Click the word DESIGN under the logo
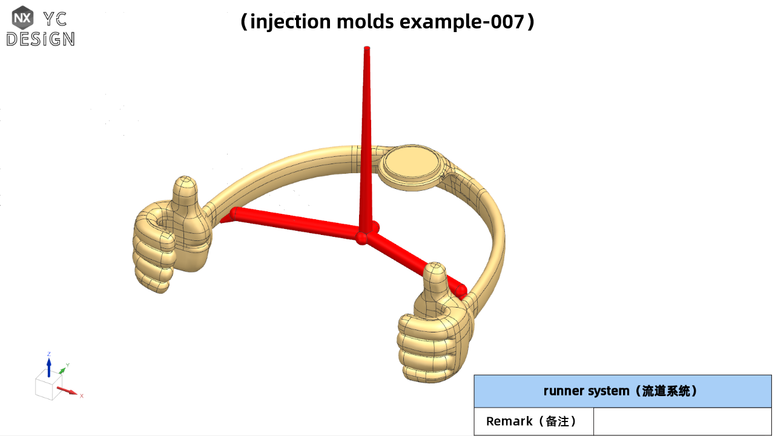pyautogui.click(x=41, y=39)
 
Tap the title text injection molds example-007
pyautogui.click(x=387, y=22)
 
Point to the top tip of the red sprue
pyautogui.click(x=366, y=48)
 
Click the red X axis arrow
pyautogui.click(x=69, y=391)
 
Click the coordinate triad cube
pyautogui.click(x=47, y=386)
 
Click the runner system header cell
pyautogui.click(x=622, y=391)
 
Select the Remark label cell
pyautogui.click(x=533, y=421)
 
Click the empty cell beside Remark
pyautogui.click(x=682, y=421)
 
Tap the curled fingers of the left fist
pyautogui.click(x=151, y=260)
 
